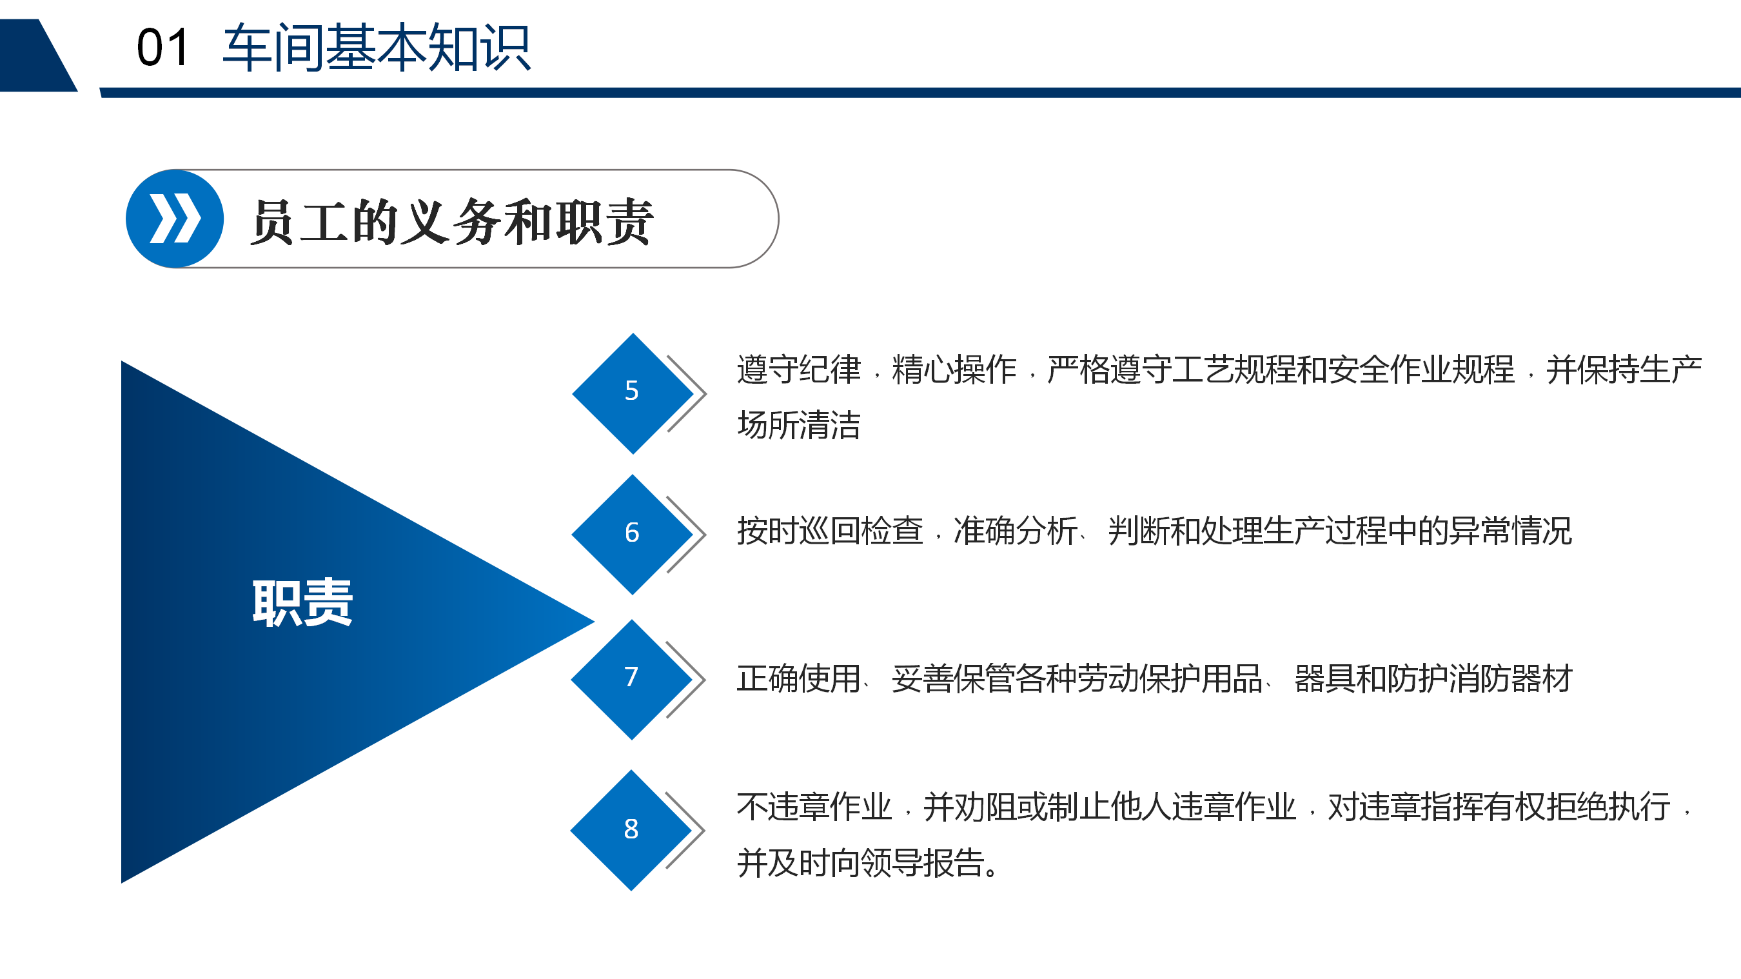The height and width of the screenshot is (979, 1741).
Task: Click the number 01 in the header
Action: pyautogui.click(x=162, y=48)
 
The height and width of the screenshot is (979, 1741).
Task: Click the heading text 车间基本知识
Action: pyautogui.click(x=377, y=47)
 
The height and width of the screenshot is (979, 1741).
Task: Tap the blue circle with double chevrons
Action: pyautogui.click(x=175, y=219)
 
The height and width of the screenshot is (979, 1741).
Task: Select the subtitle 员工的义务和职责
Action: pyautogui.click(x=451, y=221)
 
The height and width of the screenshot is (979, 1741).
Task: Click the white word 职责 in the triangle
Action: pyautogui.click(x=302, y=602)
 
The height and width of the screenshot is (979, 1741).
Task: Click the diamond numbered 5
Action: pyautogui.click(x=633, y=393)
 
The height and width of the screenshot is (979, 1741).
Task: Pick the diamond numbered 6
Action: pyautogui.click(x=633, y=534)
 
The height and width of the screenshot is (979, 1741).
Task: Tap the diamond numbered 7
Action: pyautogui.click(x=632, y=680)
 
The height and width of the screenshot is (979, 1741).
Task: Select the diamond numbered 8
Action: pyautogui.click(x=631, y=830)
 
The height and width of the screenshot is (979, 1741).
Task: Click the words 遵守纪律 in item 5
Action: pyautogui.click(x=799, y=369)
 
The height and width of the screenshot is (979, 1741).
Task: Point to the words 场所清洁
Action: pyautogui.click(x=799, y=425)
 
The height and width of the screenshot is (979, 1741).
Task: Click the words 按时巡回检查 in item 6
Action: pyautogui.click(x=830, y=531)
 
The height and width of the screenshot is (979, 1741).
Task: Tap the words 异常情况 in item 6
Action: pyautogui.click(x=1510, y=531)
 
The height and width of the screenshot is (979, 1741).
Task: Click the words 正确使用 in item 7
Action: pyautogui.click(x=799, y=679)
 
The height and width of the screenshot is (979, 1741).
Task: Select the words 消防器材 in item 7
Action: pyautogui.click(x=1510, y=679)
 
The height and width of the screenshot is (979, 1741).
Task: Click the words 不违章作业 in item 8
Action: pyautogui.click(x=814, y=807)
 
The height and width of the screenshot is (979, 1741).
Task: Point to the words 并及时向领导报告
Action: pyautogui.click(x=861, y=863)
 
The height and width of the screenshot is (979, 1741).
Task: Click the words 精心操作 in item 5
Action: pyautogui.click(x=954, y=369)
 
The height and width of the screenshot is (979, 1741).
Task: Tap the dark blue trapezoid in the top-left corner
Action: pyautogui.click(x=37, y=55)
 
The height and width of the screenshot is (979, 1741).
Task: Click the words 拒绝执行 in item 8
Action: pyautogui.click(x=1609, y=807)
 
